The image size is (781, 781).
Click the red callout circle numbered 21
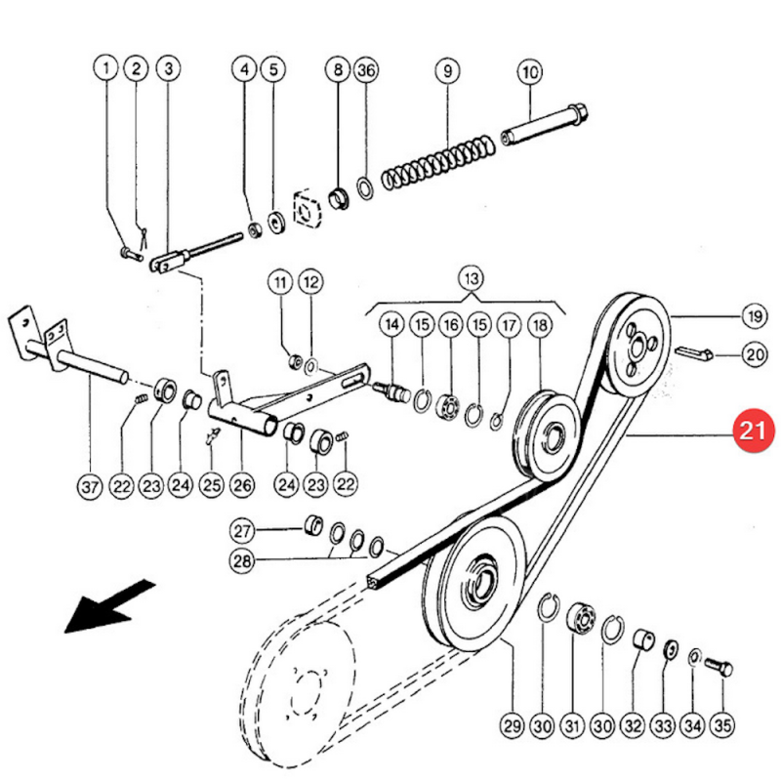(x=753, y=431)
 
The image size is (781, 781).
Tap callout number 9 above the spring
(x=447, y=70)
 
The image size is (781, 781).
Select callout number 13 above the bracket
(x=472, y=277)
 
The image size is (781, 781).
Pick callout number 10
(x=530, y=70)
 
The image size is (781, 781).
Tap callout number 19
(x=753, y=315)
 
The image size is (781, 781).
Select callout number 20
(x=753, y=355)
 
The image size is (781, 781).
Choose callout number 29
(x=512, y=725)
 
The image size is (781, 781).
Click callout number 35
(x=721, y=725)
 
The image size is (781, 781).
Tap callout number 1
(x=105, y=70)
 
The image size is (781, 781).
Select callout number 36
(x=366, y=70)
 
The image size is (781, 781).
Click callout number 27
(x=242, y=531)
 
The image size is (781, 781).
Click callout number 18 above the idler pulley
(x=540, y=324)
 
